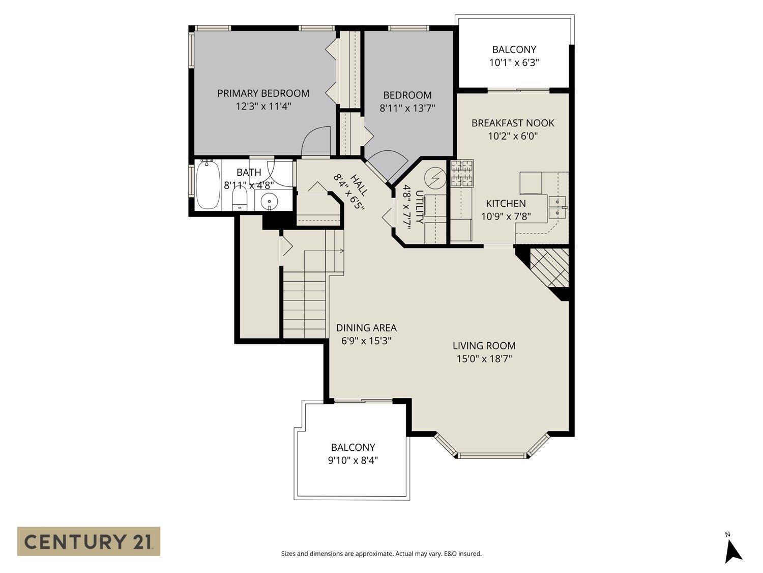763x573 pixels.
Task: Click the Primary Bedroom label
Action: [263, 93]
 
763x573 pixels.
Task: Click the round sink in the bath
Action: [269, 202]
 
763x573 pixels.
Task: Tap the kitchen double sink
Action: [557, 206]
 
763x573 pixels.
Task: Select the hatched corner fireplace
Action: [549, 266]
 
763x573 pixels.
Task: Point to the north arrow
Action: [732, 549]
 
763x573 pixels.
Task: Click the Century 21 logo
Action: [89, 541]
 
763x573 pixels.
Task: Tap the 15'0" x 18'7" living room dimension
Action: [484, 359]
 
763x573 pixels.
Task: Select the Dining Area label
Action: [366, 328]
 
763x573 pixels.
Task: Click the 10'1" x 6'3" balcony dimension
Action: [514, 63]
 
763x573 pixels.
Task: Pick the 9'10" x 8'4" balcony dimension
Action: [353, 460]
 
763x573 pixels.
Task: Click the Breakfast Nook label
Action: [513, 123]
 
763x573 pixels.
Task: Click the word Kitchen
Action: [506, 203]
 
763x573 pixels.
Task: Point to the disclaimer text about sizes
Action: [381, 554]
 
